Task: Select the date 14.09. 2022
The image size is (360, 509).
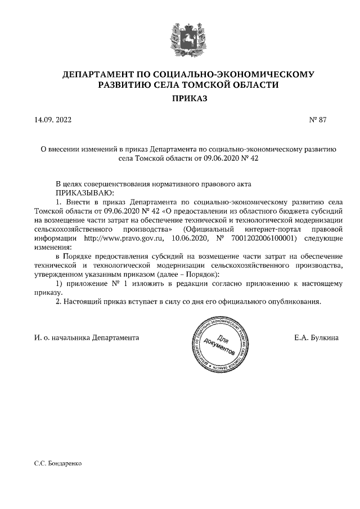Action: point(53,120)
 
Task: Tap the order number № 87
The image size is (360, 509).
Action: point(317,120)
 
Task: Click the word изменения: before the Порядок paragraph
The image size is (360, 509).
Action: point(53,247)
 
